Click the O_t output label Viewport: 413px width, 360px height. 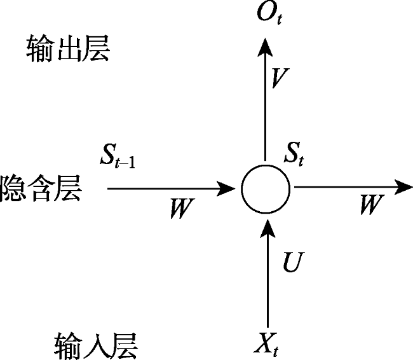pos(269,13)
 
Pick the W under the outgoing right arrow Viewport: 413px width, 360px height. pos(372,204)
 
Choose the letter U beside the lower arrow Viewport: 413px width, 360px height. pos(294,261)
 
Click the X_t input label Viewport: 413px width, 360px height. pos(266,344)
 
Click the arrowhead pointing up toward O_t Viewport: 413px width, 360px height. pos(265,47)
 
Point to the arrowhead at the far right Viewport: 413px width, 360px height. pos(403,187)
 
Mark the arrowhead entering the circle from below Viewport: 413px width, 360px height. pos(268,228)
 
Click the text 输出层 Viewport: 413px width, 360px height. pos(68,49)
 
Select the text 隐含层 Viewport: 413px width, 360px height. pos(39,188)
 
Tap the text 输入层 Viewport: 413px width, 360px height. pos(96,346)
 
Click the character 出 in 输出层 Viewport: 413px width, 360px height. pos(69,49)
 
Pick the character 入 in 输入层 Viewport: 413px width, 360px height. pos(97,346)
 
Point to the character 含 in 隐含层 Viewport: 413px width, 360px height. pos(41,188)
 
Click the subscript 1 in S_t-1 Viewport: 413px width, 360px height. pos(132,162)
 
